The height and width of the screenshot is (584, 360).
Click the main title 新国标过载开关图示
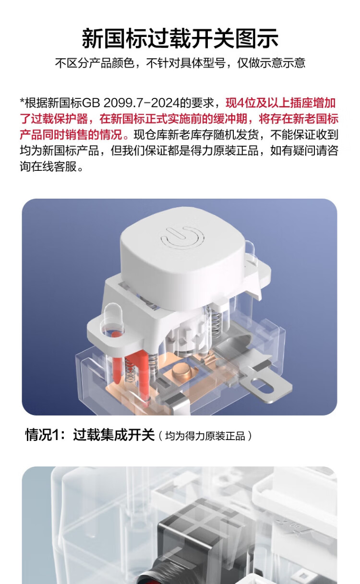(x=180, y=38)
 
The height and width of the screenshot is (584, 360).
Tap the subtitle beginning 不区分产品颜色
(x=180, y=63)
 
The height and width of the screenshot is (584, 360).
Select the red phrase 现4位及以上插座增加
(x=280, y=103)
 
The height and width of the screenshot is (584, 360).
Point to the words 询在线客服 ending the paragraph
(x=48, y=167)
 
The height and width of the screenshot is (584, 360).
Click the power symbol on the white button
(x=182, y=237)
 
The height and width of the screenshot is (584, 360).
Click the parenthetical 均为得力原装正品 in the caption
(x=205, y=436)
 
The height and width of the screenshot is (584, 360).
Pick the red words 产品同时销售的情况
(x=71, y=135)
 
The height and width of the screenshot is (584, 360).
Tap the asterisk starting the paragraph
(x=22, y=101)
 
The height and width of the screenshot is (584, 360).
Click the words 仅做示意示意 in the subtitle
(x=271, y=63)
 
